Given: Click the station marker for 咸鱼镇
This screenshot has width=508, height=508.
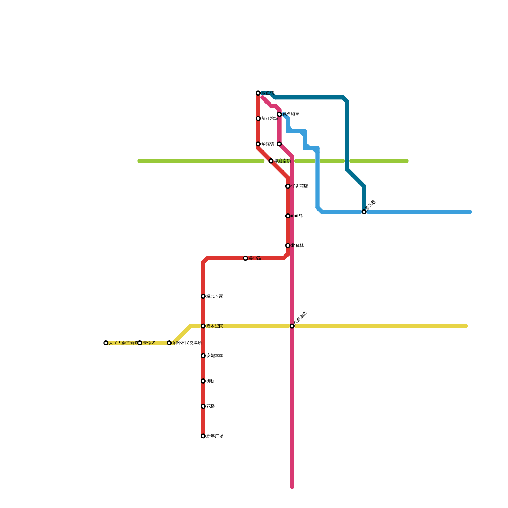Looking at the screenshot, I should point(258,93).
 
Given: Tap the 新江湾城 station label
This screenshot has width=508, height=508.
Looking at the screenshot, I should point(270,119).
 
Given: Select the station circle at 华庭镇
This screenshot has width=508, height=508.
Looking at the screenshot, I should point(258,144).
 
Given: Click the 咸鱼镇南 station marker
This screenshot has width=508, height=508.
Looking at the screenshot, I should point(279,114).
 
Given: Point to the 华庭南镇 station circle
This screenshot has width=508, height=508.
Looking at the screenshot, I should point(271,161).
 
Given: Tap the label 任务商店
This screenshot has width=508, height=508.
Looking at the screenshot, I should point(299,186).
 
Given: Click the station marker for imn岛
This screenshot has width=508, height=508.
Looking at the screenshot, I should point(288,216).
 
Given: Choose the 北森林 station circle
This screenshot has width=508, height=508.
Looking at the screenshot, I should point(288,246).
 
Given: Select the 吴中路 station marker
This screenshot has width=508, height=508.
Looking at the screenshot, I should point(245,258).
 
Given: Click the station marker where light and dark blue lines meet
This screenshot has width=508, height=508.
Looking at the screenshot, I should point(364,212).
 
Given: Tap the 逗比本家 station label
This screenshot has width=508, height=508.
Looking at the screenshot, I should point(215,297).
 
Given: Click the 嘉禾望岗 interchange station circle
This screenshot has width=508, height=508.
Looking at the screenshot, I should point(203,326).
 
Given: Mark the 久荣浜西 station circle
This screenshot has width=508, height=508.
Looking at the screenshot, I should point(292,326).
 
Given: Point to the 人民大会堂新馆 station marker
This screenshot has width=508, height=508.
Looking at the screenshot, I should point(106,343).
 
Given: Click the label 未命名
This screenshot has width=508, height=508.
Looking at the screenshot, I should point(149,343).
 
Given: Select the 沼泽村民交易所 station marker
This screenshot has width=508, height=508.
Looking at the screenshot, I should point(169,343).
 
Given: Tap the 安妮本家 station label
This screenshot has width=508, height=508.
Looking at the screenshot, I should point(215,356).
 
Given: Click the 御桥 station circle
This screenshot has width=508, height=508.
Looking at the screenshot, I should point(203,381).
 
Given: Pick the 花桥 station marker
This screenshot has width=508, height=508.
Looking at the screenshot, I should point(203,406).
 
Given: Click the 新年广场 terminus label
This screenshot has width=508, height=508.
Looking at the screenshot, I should point(215,436).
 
